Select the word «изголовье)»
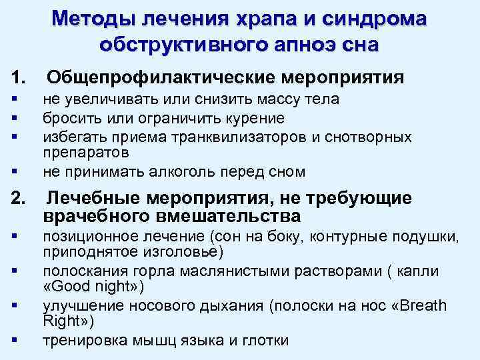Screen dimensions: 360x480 [x=186, y=253]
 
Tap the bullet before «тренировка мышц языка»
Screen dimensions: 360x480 [x=14, y=340]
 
